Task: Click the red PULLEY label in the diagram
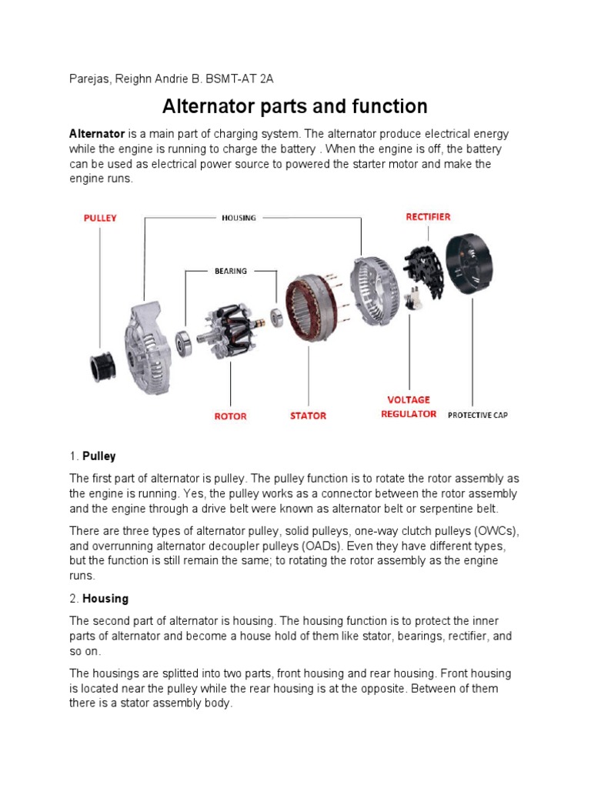100,218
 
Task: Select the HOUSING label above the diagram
239,218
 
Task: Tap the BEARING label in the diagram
231,271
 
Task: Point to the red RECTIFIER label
428,217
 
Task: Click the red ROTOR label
230,416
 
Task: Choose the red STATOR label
308,416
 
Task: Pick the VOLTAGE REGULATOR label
409,407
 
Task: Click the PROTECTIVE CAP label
478,416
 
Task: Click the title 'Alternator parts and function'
295,105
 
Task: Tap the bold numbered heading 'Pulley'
98,456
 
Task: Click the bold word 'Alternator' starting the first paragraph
97,133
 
